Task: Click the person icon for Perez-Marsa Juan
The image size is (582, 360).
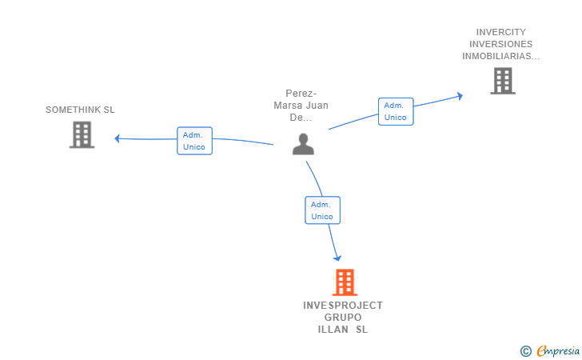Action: [303, 144]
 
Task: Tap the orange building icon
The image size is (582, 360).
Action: [345, 282]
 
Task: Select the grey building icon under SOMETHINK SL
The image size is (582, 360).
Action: [82, 135]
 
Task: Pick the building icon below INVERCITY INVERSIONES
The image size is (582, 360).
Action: [503, 81]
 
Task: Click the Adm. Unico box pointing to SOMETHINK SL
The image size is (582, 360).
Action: [194, 141]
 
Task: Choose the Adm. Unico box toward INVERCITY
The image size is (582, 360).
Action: [396, 111]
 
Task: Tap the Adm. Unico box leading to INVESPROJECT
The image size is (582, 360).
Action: [322, 210]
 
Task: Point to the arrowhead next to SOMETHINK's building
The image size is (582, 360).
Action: [118, 138]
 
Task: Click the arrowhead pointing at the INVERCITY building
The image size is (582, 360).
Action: [460, 96]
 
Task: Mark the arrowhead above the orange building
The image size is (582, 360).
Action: [337, 258]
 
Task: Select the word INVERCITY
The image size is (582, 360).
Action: [501, 32]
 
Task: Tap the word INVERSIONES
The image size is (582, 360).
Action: [501, 44]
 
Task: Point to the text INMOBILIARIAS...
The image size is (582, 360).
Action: [497, 56]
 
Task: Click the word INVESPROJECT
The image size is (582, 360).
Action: [343, 306]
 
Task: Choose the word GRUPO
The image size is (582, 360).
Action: [343, 318]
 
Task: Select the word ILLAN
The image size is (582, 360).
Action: [333, 330]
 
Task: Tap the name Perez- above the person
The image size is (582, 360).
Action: [301, 94]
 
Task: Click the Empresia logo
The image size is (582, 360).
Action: [558, 351]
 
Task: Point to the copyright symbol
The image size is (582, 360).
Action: [526, 351]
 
